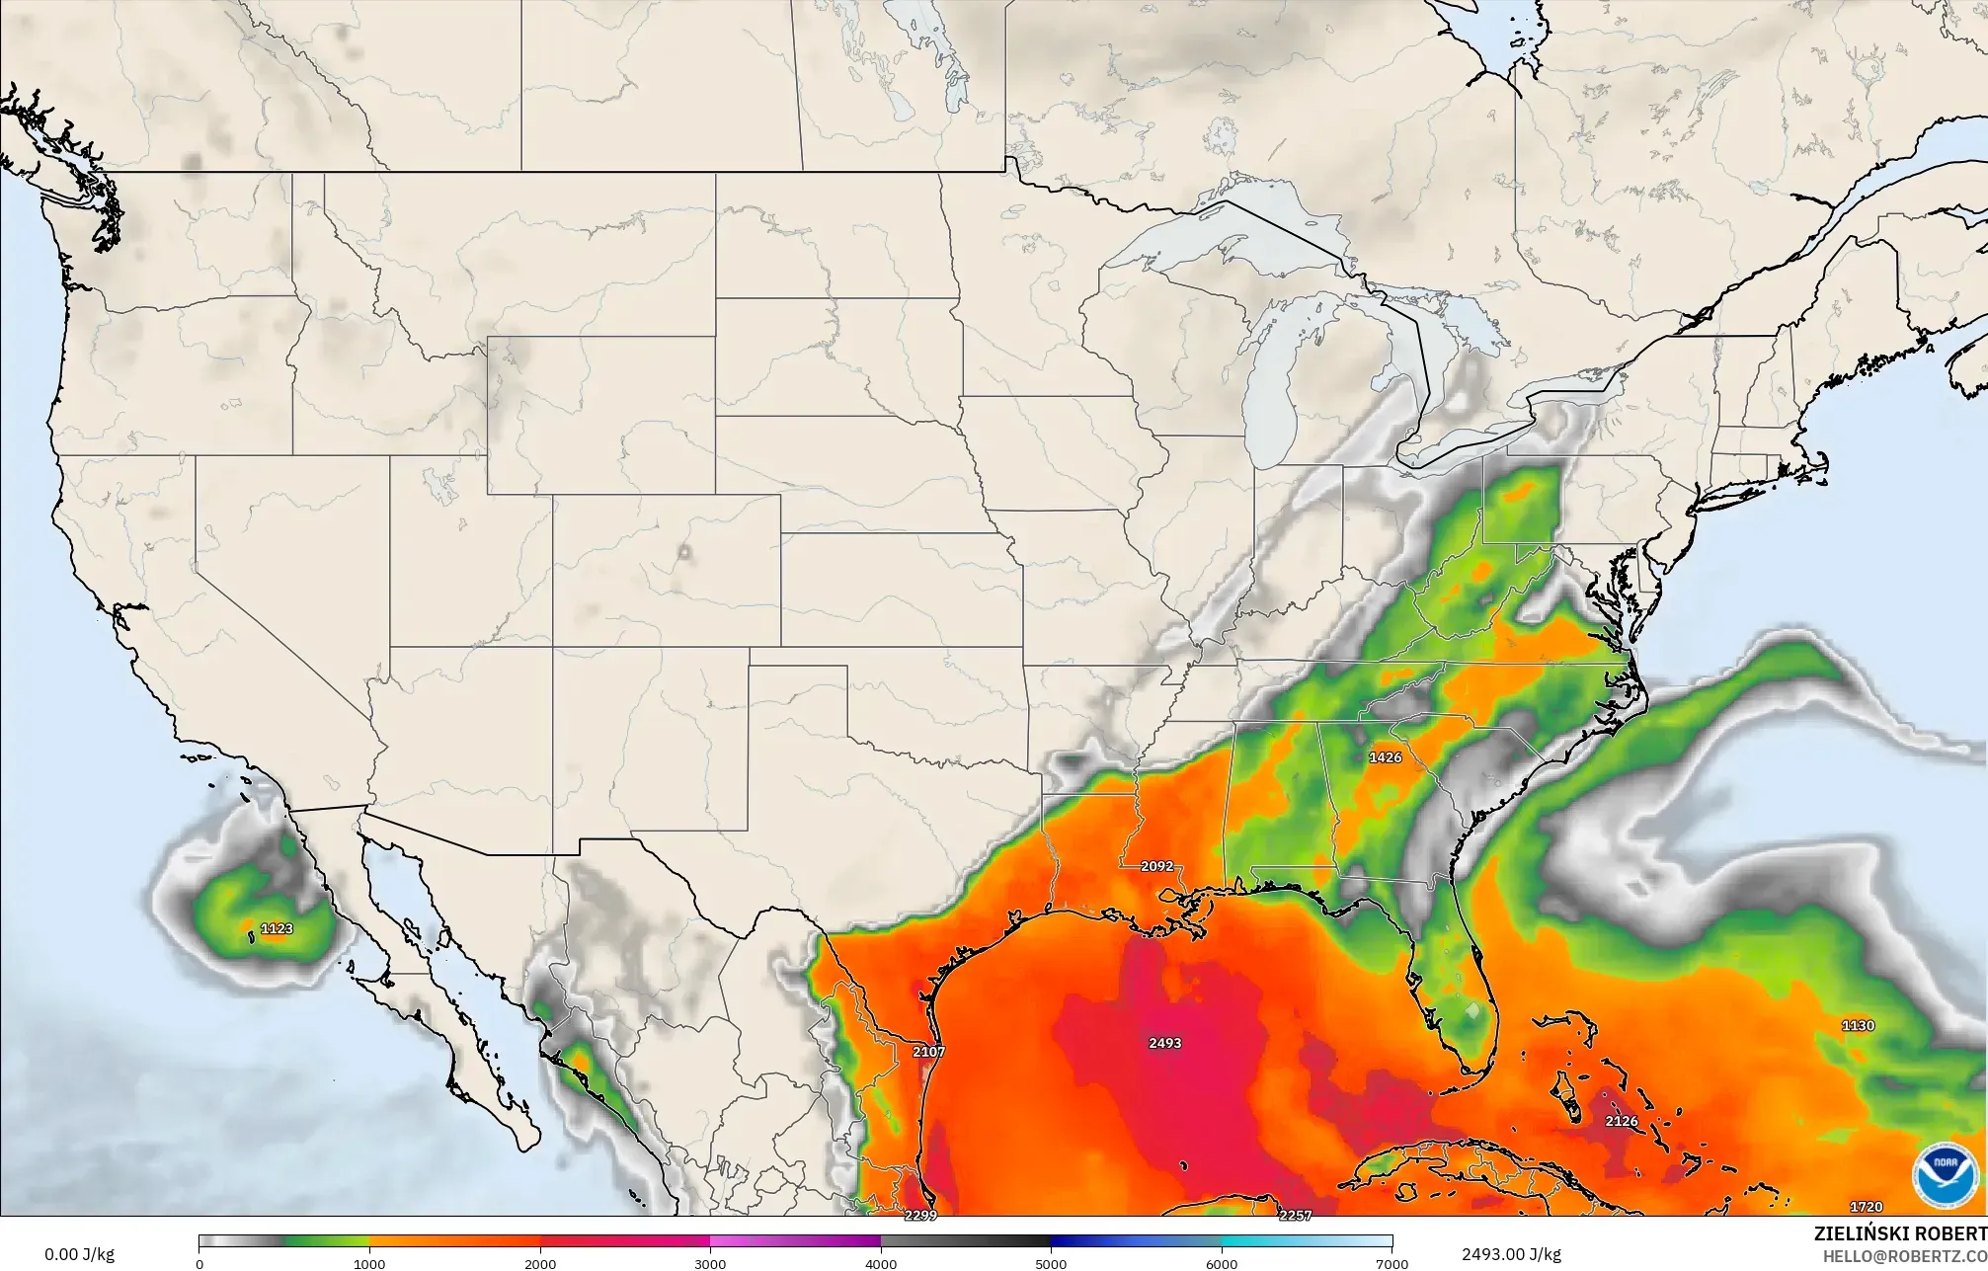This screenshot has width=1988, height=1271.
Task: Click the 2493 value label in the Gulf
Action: click(1165, 1043)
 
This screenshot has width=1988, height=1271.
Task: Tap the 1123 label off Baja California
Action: click(278, 928)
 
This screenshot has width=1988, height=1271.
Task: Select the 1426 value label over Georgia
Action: click(1385, 757)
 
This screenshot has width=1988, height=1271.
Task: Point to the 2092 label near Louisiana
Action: click(1156, 866)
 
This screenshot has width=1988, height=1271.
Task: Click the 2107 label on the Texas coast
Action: click(928, 1052)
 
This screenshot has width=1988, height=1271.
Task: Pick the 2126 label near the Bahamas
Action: click(1621, 1121)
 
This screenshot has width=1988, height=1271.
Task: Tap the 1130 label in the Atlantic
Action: click(1858, 1026)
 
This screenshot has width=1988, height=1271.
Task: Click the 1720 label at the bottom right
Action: click(1866, 1207)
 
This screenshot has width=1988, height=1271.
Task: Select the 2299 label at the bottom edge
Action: click(920, 1216)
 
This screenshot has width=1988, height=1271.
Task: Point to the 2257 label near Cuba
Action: click(1295, 1216)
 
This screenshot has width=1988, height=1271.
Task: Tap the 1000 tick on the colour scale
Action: click(369, 1264)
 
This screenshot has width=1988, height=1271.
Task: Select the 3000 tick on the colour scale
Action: click(710, 1264)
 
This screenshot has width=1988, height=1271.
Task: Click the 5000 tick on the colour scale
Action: click(1051, 1264)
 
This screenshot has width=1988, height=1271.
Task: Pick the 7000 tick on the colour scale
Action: click(1391, 1264)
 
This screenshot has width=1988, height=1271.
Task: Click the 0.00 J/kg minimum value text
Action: click(79, 1255)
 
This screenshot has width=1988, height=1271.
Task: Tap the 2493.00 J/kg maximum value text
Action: click(1511, 1254)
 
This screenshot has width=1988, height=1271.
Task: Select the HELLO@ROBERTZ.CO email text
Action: click(1904, 1255)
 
